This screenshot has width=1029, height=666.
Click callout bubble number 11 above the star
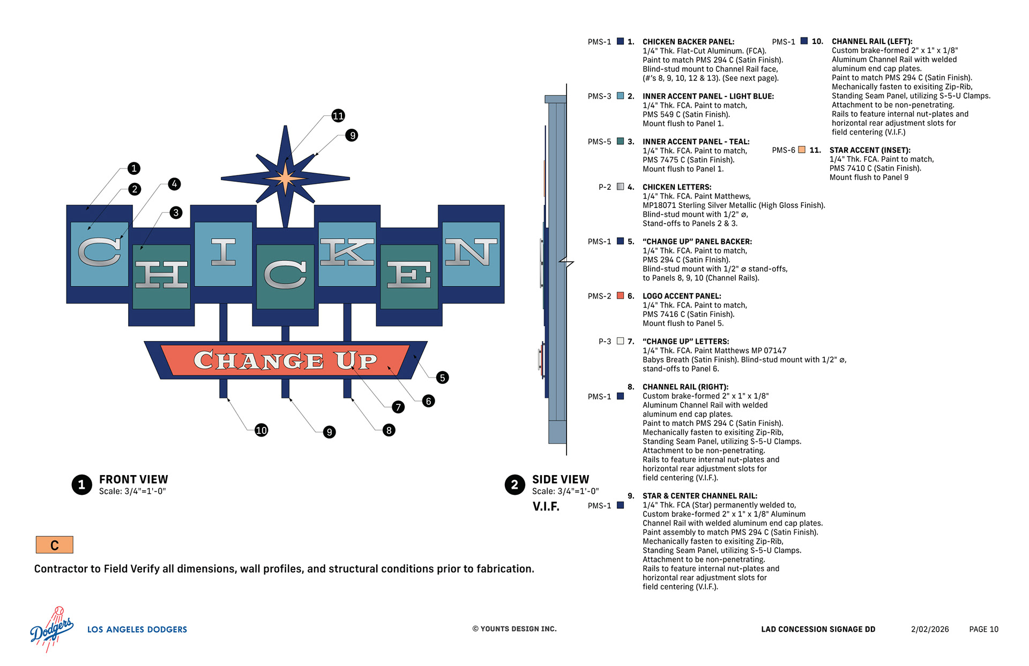338,116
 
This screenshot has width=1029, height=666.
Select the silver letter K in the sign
347,252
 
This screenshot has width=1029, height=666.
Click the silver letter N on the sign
471,252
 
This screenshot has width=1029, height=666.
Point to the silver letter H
161,275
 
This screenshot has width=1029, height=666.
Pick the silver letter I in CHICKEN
223,252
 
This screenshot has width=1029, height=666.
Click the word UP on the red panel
356,361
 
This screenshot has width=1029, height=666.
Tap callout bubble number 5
442,378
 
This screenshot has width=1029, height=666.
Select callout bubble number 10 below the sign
261,430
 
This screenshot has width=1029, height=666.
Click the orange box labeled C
54,545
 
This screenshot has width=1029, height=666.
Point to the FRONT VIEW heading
133,479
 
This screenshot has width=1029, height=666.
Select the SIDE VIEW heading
560,479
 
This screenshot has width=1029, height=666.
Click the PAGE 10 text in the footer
983,630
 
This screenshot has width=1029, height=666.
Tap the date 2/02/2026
930,630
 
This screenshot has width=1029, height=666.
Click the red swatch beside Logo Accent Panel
620,295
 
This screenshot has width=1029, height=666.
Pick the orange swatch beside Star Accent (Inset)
802,150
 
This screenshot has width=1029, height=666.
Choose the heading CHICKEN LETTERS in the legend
677,187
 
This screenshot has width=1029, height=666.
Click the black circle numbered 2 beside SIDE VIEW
514,485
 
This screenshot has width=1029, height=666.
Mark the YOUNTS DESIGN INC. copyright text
514,629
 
